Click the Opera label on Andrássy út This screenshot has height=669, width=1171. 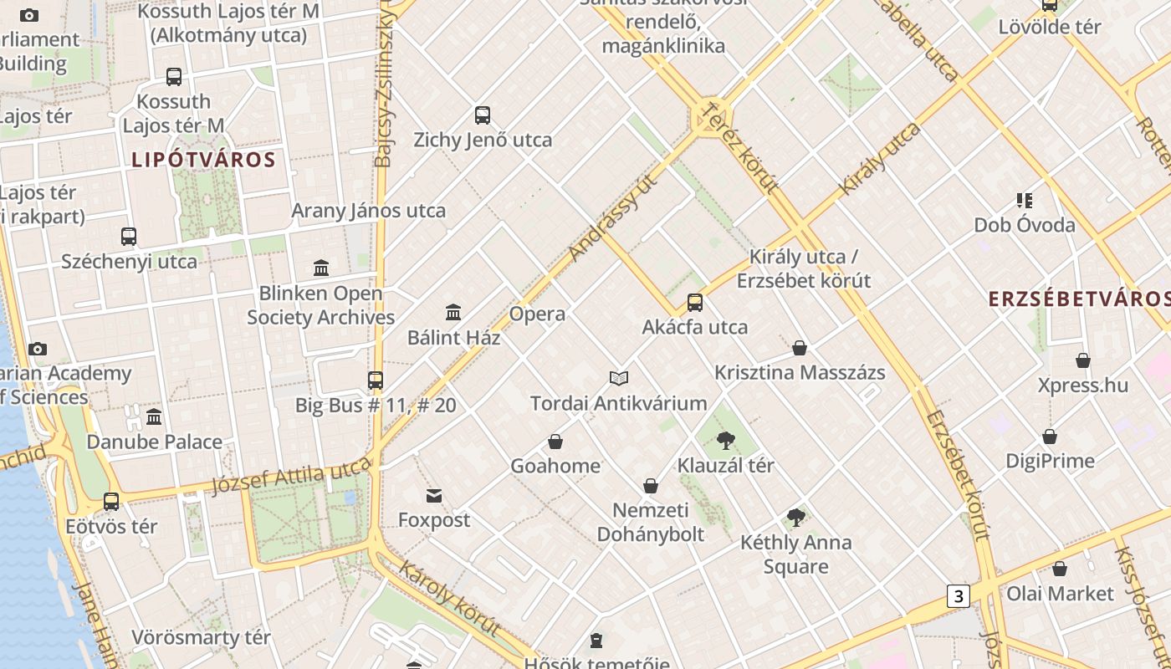pos(537,314)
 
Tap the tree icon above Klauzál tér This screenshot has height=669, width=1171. pos(726,441)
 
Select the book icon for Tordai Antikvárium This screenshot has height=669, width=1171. pos(619,379)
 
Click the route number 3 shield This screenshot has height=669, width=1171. pos(959,596)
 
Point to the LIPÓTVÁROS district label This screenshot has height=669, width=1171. pos(203,160)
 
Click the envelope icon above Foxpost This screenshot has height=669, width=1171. pos(434,496)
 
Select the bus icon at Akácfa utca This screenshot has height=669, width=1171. pos(695,303)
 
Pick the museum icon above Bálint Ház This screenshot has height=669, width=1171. pos(453,313)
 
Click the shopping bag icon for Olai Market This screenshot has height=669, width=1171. pos(1060,569)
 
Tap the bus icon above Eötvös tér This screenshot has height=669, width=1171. pos(111,502)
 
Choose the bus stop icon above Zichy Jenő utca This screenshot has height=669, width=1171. pos(483,115)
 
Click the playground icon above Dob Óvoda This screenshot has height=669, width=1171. pos(1025,201)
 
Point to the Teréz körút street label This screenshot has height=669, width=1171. pos(741,148)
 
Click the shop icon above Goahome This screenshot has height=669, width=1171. pos(555,442)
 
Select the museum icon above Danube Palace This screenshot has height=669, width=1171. pos(154,416)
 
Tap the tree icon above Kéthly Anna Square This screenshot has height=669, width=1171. pos(796,518)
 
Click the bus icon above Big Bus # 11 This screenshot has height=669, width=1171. pos(376,380)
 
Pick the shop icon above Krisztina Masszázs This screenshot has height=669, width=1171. pos(800,348)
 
